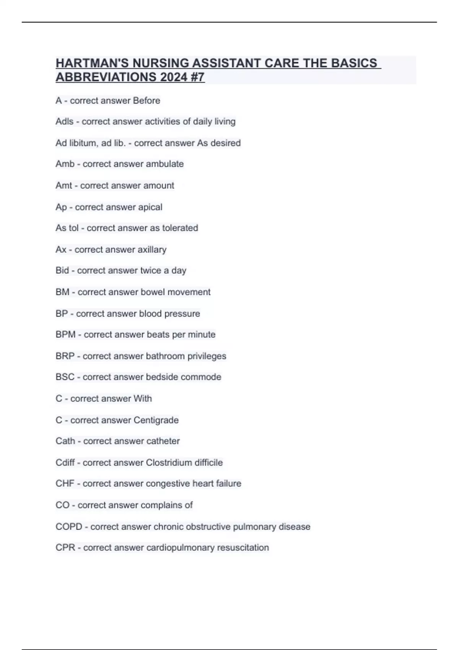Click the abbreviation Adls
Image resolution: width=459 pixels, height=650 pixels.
[x=64, y=122]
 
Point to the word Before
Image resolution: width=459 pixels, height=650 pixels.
[x=146, y=101]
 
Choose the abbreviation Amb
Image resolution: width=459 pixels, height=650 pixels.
[x=65, y=164]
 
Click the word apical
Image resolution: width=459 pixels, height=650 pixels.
[x=150, y=207]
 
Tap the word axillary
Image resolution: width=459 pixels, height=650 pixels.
[x=152, y=250]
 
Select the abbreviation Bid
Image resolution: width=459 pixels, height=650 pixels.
[x=62, y=271]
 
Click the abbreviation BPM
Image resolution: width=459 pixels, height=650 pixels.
[x=65, y=335]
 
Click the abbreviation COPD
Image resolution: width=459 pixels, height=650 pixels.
[x=69, y=527]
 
